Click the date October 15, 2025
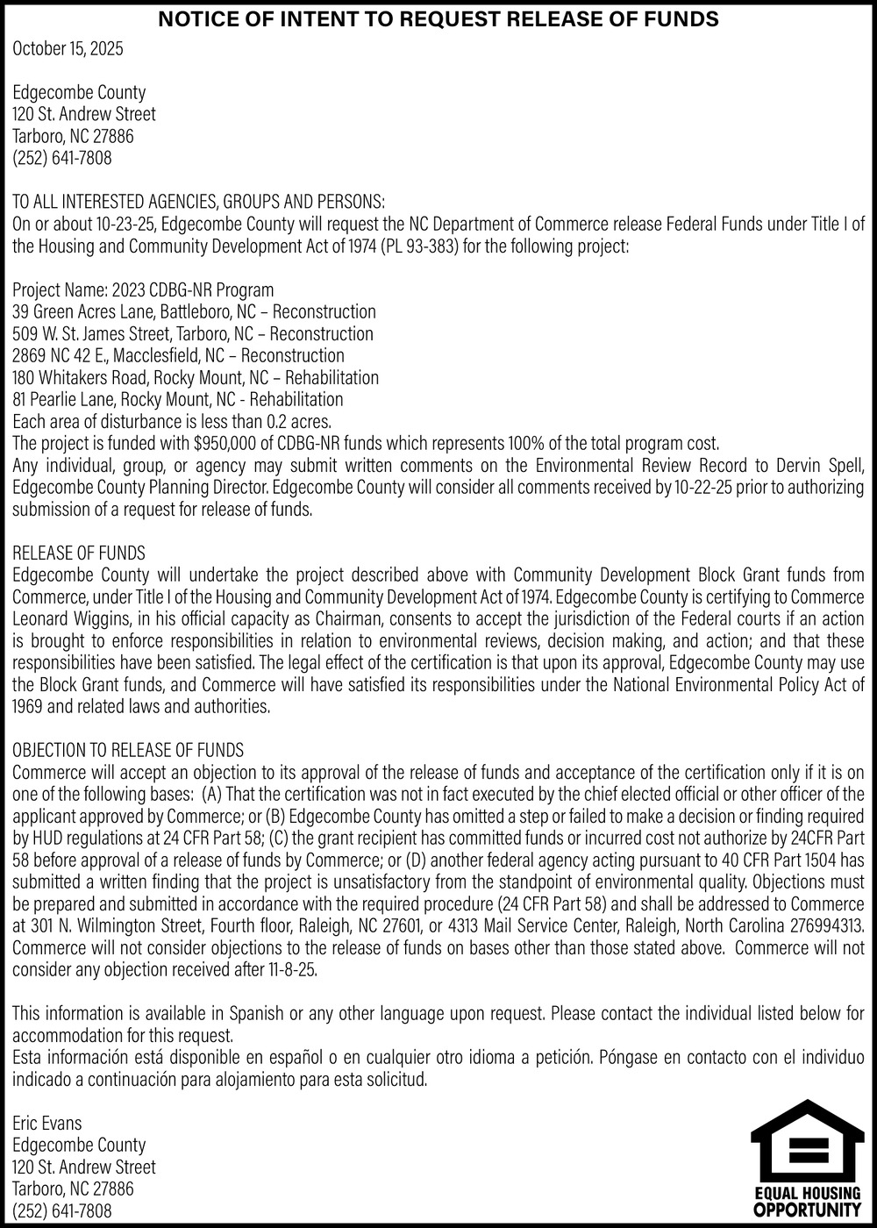(x=68, y=48)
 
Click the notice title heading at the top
(x=438, y=18)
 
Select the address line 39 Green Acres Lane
(x=194, y=311)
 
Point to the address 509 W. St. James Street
(x=192, y=333)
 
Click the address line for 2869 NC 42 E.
(x=178, y=355)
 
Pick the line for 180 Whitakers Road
(x=195, y=377)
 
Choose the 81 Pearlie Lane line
(x=177, y=399)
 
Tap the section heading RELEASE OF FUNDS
(x=79, y=553)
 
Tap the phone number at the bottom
(x=61, y=1210)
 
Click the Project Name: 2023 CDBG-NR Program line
(x=143, y=289)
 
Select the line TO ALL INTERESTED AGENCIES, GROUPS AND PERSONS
(x=198, y=202)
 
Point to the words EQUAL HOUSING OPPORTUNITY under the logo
(x=807, y=1205)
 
